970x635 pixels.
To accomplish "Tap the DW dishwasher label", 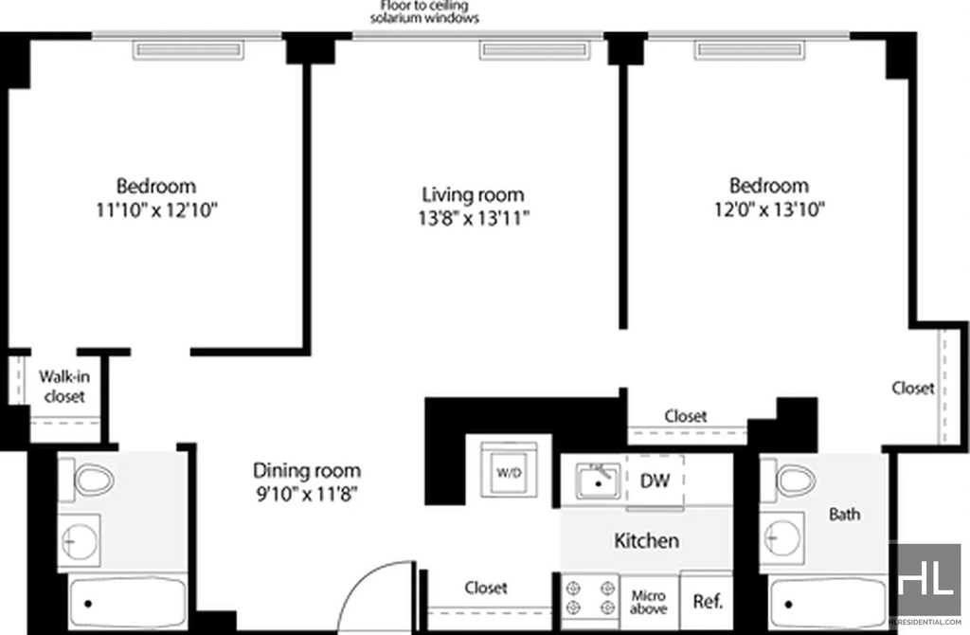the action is [655, 481].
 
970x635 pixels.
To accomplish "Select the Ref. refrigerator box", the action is [707, 601].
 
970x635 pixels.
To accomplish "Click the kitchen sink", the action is [598, 481].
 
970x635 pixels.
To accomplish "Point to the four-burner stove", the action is [591, 598].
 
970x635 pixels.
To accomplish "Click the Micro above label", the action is [648, 602].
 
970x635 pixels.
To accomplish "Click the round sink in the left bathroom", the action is [80, 540].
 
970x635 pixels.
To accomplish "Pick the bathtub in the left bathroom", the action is [128, 603].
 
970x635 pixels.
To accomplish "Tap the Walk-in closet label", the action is [64, 386].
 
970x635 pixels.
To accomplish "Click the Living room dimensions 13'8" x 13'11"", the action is [474, 219].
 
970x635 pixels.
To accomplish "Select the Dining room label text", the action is [307, 470].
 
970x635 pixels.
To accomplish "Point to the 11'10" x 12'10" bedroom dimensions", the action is [156, 210].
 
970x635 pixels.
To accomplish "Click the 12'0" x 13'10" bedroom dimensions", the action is [769, 209].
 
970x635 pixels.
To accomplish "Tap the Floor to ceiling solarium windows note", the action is [424, 11].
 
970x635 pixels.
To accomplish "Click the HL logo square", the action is [925, 580].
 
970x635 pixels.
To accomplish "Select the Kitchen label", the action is [646, 540].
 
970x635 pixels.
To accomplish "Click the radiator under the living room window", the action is [534, 50].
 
